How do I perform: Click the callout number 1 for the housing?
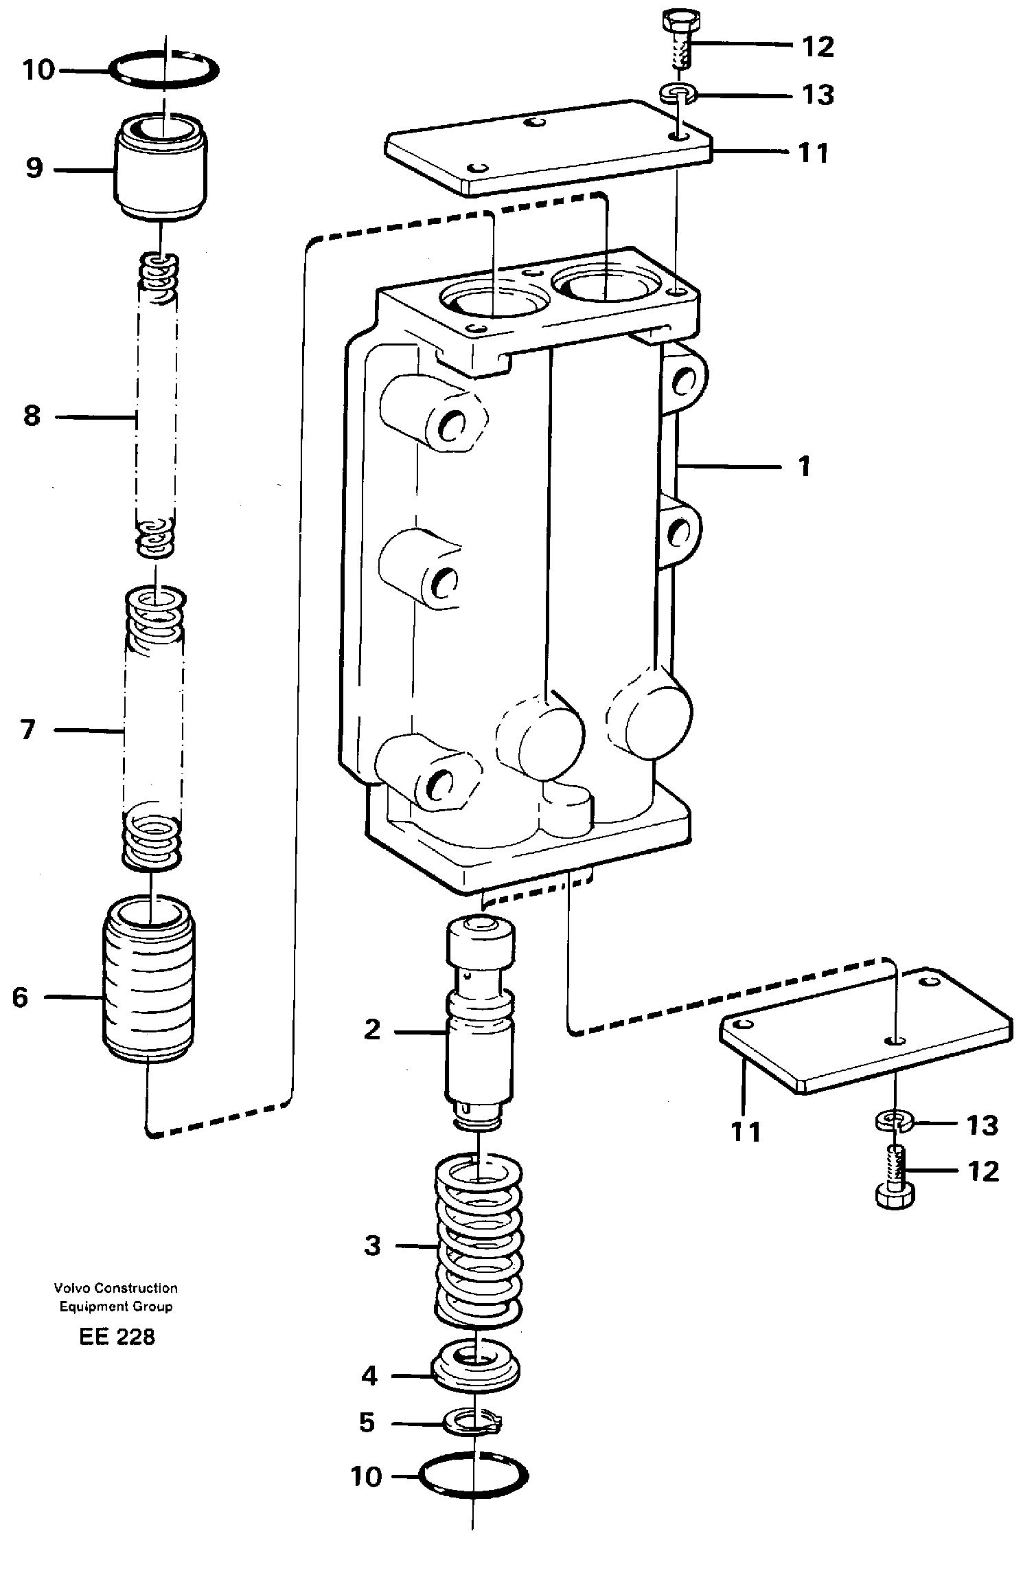804,467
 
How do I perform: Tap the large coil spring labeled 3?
479,1245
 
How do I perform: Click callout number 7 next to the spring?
27,730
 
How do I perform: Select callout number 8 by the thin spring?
32,416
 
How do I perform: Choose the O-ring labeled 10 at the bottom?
474,1476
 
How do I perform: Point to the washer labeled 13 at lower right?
894,1123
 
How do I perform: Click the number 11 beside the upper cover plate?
814,152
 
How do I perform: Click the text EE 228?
117,1337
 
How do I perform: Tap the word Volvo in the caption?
68,1288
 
